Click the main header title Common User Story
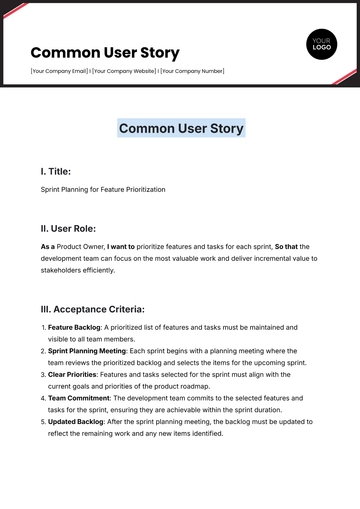click(x=105, y=52)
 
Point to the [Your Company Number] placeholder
click(x=192, y=71)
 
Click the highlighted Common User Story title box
click(x=180, y=128)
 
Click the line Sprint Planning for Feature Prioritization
click(x=103, y=189)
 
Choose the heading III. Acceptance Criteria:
click(x=93, y=309)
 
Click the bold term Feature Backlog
click(x=74, y=327)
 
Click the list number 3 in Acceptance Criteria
click(x=43, y=375)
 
